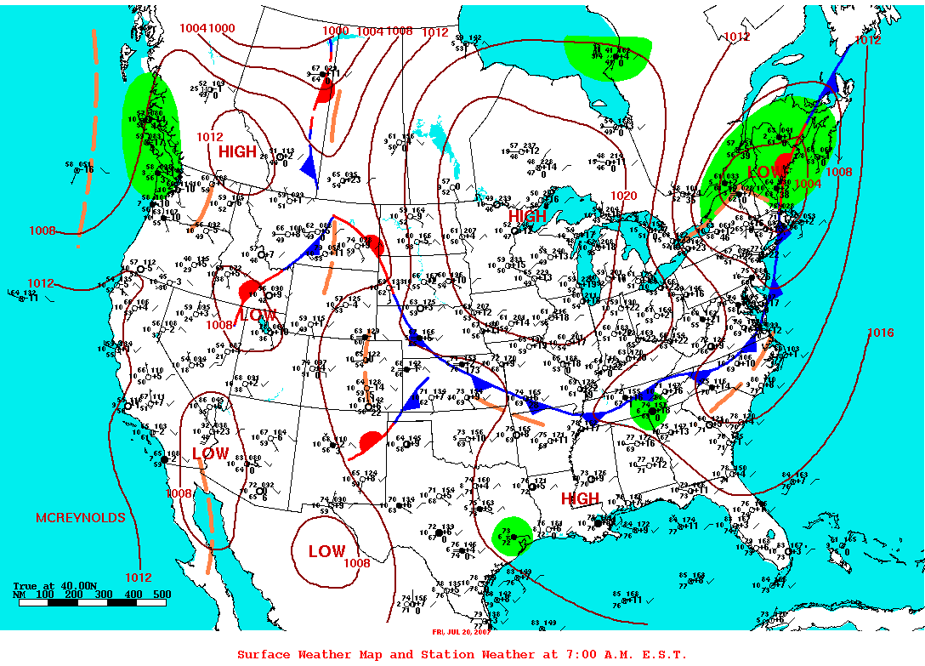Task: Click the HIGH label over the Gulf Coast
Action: [580, 498]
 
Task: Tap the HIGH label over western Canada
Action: [237, 151]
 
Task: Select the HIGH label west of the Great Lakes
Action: [527, 217]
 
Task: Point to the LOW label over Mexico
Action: [326, 551]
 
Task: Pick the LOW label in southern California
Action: [210, 453]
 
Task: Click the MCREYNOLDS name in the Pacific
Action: [80, 517]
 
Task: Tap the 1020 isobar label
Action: [623, 196]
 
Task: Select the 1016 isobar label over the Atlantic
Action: [881, 332]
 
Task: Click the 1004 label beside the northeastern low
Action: [809, 184]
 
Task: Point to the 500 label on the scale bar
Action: [162, 594]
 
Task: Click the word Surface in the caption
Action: [261, 654]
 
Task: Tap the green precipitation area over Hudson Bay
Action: [607, 57]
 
